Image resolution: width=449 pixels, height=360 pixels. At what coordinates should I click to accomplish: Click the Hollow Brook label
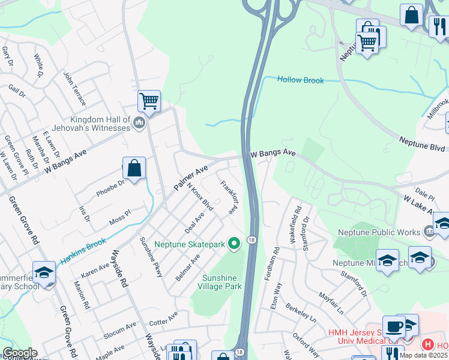tap(300, 80)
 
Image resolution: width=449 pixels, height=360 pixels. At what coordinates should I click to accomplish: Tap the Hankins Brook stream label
tap(83, 252)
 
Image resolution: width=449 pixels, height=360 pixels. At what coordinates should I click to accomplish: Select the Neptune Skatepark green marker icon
tap(235, 244)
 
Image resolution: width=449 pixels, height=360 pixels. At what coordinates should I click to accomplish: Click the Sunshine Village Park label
tap(220, 282)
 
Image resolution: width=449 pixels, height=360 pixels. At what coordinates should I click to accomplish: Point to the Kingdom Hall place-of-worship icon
tap(140, 124)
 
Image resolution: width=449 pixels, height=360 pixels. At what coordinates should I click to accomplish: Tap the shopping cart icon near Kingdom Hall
tap(149, 101)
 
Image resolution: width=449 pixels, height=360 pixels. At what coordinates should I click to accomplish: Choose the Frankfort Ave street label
tap(228, 199)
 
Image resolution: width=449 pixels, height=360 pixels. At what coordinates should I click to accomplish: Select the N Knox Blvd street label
tap(200, 196)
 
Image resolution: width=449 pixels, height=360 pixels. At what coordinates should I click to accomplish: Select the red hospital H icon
tap(427, 344)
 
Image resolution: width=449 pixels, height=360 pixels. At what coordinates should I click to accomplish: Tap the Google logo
tap(20, 353)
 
